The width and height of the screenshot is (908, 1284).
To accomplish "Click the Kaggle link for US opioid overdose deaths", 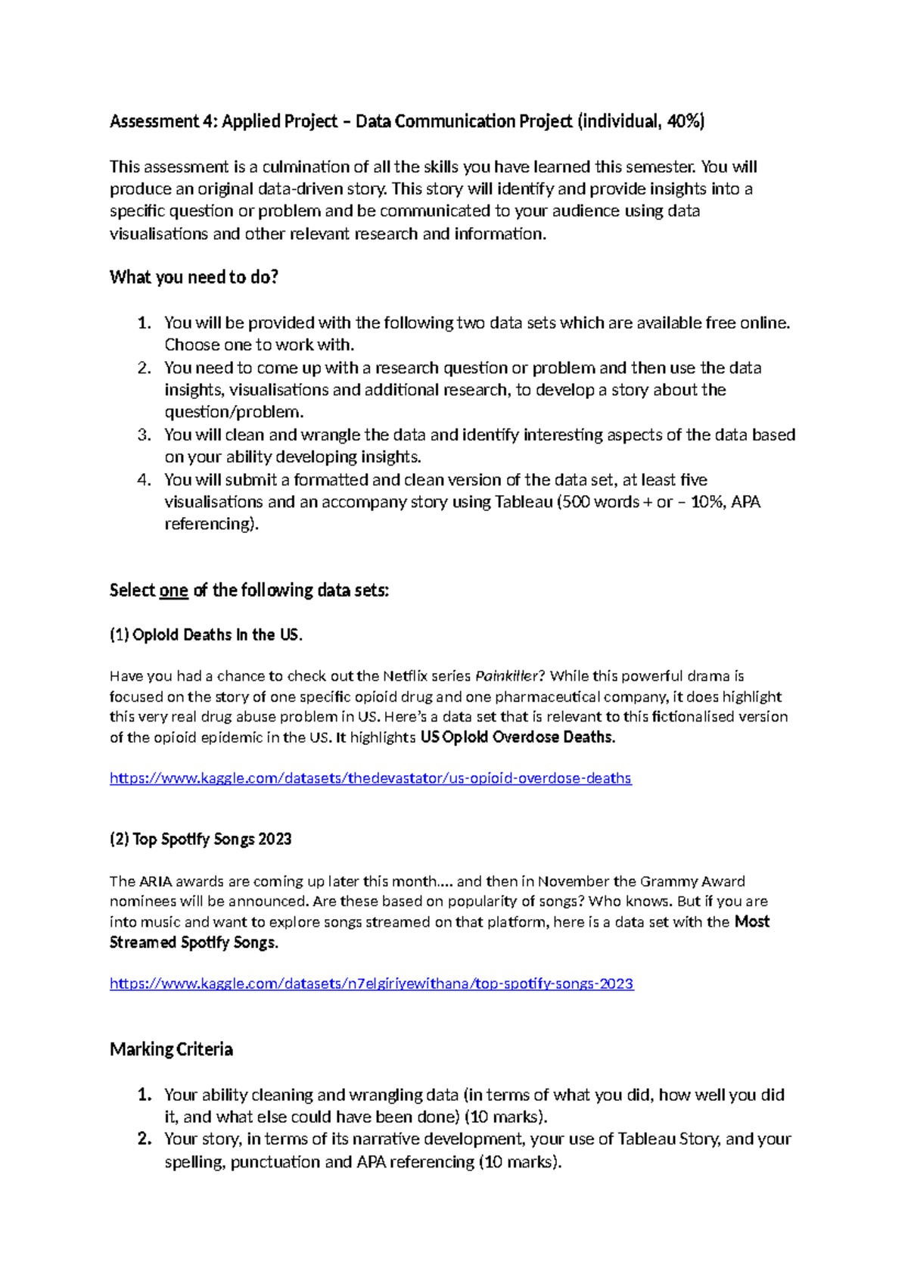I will click(370, 778).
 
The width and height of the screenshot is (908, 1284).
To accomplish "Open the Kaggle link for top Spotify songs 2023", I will click(372, 983).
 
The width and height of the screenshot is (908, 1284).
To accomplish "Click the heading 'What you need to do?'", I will click(194, 277).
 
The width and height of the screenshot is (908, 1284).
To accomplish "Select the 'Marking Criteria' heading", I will click(171, 1049).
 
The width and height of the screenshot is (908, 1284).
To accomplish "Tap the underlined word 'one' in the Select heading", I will click(173, 591).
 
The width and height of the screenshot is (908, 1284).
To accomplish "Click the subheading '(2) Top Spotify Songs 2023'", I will click(201, 839).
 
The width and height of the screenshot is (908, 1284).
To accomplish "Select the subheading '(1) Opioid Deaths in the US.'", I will click(206, 635).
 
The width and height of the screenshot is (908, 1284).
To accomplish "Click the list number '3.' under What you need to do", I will click(145, 435).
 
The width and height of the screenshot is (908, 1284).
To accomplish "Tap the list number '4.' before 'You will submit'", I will click(145, 480).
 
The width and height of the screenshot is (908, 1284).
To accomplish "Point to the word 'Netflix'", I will click(408, 676).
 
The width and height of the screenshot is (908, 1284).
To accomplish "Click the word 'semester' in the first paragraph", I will click(664, 167).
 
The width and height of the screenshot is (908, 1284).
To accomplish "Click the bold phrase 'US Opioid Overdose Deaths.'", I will click(518, 737).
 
